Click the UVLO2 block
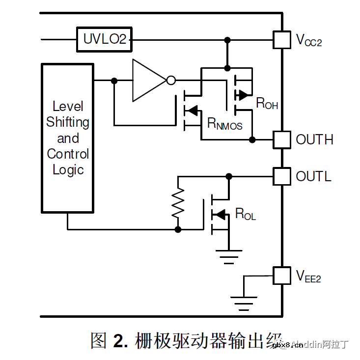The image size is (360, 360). pos(105,39)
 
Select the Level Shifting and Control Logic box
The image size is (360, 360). pos(68,138)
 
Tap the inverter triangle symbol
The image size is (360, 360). pos(148,81)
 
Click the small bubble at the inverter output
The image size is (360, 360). pos(171,81)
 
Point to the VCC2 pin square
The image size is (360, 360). pos(282,39)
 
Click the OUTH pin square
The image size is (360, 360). pos(282,140)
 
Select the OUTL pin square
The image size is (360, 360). pos(282,176)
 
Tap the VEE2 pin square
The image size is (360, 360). pos(282,276)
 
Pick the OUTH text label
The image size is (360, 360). pos(314,140)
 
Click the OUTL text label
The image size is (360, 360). pos(313,176)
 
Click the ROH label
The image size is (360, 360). pos(267,104)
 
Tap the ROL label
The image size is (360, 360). pos(246,214)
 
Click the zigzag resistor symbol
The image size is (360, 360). pos(178,203)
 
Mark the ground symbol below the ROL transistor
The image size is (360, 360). pos(229,255)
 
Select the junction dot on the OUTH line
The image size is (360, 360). pos(252,140)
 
